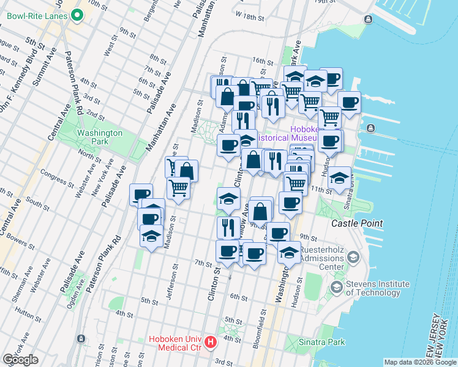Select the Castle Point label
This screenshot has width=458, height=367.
pos(357,224)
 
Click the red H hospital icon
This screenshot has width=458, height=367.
pos(211,342)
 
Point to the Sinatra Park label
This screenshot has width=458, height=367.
pos(318,341)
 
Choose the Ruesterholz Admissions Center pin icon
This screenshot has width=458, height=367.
pos(353,258)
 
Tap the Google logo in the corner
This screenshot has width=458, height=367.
pos(20,360)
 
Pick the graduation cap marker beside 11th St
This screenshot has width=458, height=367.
pos(339,178)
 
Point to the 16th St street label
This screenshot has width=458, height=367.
pos(261,62)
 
